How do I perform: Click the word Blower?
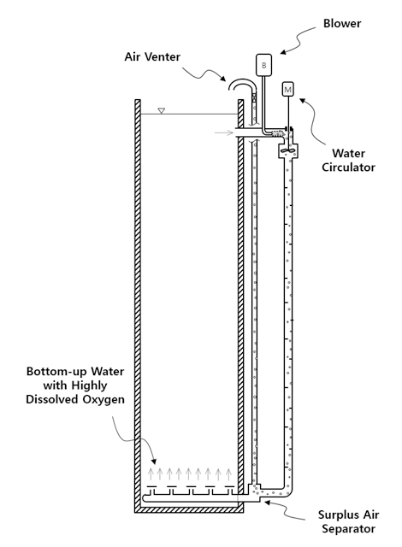342,23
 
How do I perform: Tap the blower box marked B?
263,65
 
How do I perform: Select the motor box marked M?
287,89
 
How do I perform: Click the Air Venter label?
152,56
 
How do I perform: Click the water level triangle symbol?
161,110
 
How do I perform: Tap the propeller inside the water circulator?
288,150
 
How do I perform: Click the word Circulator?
348,168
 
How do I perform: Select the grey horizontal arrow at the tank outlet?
224,132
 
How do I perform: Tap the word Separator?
348,528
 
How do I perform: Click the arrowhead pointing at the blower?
283,52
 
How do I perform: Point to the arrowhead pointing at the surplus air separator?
267,503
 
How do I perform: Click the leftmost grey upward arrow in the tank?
151,474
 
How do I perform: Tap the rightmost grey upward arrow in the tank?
228,474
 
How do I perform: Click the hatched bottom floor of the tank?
189,510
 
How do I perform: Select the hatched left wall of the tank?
138,303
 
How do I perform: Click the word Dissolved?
52,399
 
